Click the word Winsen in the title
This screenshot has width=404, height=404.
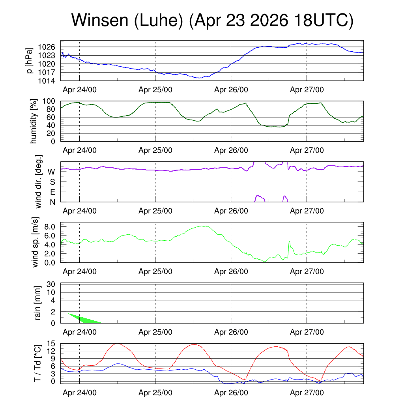(x=100, y=20)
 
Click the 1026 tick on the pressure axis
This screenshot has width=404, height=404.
(x=47, y=47)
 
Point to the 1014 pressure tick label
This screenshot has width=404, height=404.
(x=47, y=81)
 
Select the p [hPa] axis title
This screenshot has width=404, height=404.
(x=30, y=60)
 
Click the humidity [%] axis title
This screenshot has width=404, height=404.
(x=34, y=121)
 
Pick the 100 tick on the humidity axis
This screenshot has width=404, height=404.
(x=49, y=101)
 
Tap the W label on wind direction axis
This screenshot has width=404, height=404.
(x=51, y=172)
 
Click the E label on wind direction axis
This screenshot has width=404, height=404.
(x=52, y=192)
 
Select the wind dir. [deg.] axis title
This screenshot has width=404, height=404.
(x=39, y=181)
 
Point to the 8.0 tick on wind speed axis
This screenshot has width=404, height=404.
(x=50, y=227)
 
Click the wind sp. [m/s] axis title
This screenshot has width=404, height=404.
(x=35, y=242)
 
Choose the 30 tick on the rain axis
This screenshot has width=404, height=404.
(x=51, y=284)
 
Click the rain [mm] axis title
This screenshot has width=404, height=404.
(x=37, y=303)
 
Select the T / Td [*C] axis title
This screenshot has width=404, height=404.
(x=37, y=363)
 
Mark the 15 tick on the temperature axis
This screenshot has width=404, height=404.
(x=51, y=344)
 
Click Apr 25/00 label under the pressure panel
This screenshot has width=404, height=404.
(x=155, y=90)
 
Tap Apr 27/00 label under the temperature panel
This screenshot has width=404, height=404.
(x=307, y=393)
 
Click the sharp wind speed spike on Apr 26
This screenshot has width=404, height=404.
(x=289, y=242)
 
